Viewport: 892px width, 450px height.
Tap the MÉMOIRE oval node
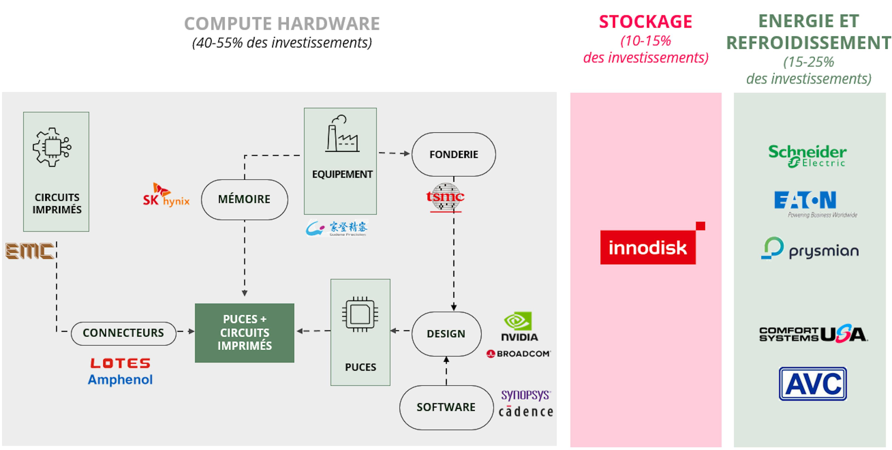pyautogui.click(x=244, y=199)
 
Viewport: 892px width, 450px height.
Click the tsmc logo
pyautogui.click(x=445, y=197)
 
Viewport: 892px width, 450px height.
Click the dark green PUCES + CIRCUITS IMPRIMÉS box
pyautogui.click(x=244, y=333)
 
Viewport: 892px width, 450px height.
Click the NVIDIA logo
pyautogui.click(x=519, y=327)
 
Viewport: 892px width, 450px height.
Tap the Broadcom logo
pyautogui.click(x=518, y=354)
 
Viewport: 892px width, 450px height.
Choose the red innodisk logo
pyautogui.click(x=648, y=247)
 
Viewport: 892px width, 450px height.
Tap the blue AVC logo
pyautogui.click(x=813, y=384)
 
